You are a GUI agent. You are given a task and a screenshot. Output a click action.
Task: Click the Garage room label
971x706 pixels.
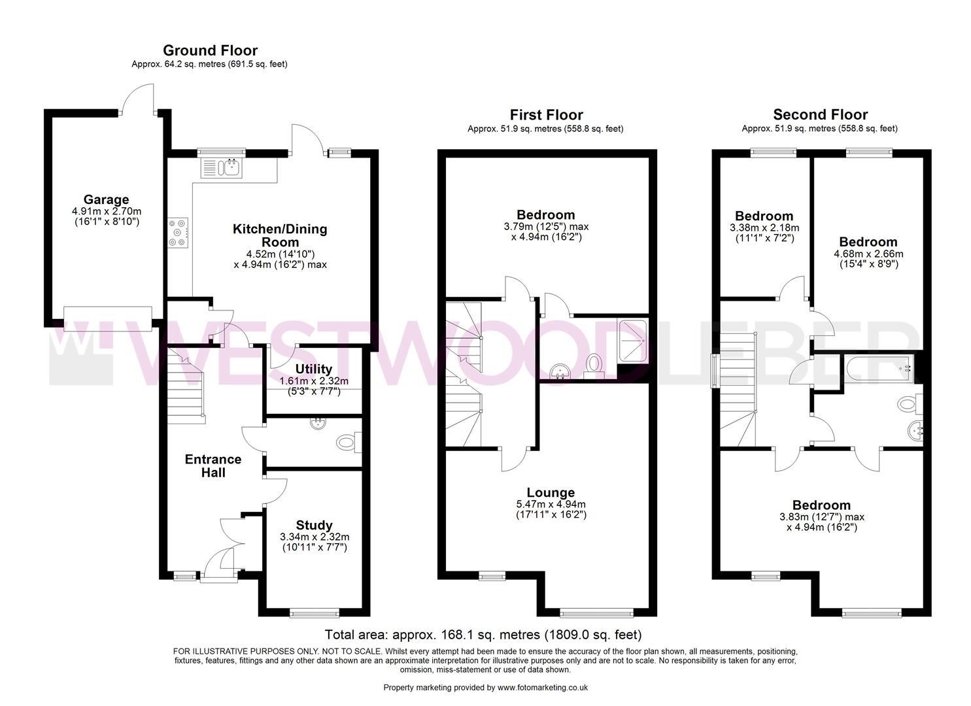(x=106, y=199)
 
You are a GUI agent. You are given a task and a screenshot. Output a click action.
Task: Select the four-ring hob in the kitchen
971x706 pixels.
(x=178, y=232)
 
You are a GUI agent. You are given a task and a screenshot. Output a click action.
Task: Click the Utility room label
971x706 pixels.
(x=313, y=369)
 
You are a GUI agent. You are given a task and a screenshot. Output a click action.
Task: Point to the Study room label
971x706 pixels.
(x=314, y=525)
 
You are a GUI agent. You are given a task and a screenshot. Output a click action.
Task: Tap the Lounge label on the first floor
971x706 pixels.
(x=551, y=492)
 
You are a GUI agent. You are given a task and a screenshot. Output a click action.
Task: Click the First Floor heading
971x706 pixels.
(x=546, y=115)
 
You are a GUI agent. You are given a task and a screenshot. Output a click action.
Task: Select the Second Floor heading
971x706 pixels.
(x=820, y=115)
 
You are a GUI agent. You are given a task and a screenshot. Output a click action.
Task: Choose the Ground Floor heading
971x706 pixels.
(x=210, y=50)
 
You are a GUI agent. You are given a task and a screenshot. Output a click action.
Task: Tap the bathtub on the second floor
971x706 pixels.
(x=878, y=369)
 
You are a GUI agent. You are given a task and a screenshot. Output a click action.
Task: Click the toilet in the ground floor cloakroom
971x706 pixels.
(x=347, y=443)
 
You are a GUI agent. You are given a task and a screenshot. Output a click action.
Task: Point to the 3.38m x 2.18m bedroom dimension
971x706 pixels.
(x=764, y=228)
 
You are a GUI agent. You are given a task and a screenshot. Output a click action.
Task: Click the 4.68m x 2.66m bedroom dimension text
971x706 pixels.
(x=868, y=254)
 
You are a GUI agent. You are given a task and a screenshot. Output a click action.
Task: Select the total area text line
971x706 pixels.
(x=483, y=635)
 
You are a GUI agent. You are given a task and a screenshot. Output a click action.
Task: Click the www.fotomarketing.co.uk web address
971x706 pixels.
(x=542, y=687)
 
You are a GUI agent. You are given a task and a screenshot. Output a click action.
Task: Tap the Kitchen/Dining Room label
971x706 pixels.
(x=280, y=235)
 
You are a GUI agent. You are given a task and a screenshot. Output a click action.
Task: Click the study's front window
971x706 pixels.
(x=315, y=613)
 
